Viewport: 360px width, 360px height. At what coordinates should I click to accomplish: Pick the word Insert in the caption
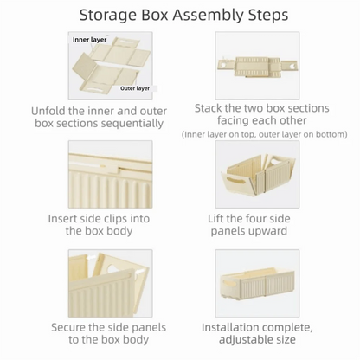pyautogui.click(x=66, y=218)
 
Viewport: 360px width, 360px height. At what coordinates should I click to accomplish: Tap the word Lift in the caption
pyautogui.click(x=222, y=218)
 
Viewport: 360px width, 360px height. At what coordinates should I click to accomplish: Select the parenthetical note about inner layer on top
pyautogui.click(x=265, y=135)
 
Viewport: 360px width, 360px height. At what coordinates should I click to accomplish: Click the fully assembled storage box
pyautogui.click(x=260, y=287)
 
